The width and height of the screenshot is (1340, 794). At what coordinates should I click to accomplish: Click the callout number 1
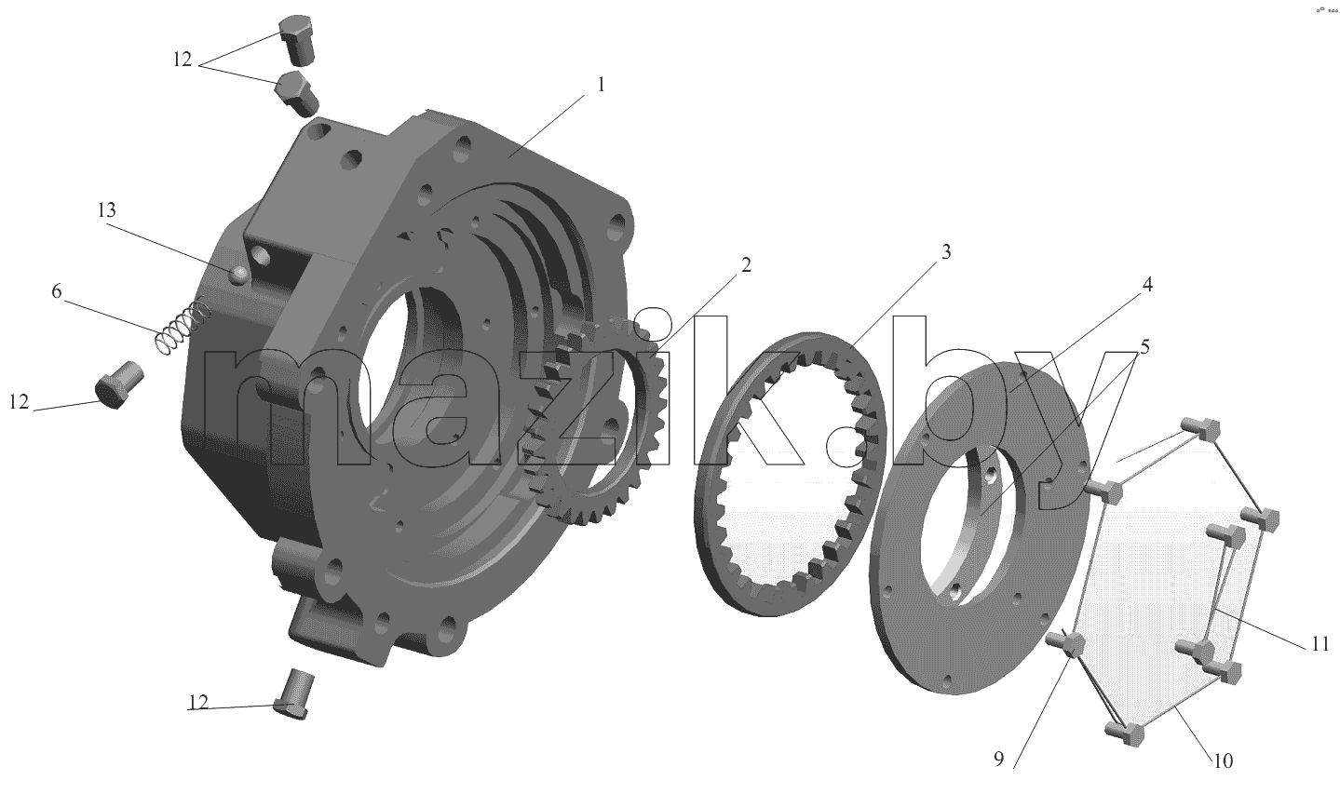[601, 85]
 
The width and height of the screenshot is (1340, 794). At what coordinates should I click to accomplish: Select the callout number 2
[746, 264]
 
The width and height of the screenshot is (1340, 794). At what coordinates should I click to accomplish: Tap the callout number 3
[945, 251]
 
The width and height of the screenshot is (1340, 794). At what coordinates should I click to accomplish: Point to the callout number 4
[1147, 285]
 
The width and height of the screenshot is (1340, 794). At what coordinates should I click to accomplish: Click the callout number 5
[1144, 347]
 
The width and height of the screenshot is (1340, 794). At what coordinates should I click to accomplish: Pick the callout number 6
[56, 291]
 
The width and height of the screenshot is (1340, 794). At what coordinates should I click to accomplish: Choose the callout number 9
[998, 760]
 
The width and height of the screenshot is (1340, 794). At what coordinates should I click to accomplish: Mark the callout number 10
[1224, 761]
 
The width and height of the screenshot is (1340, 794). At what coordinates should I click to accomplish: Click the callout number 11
[1320, 644]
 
